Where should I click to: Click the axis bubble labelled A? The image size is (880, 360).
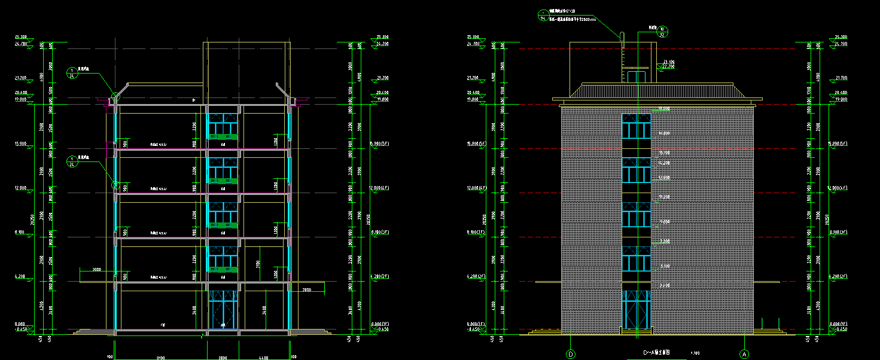pyautogui.click(x=744, y=354)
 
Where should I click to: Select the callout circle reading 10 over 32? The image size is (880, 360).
pyautogui.click(x=662, y=32)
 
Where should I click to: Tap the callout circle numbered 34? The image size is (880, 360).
pyautogui.click(x=543, y=16)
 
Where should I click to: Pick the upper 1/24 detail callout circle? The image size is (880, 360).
pyautogui.click(x=72, y=73)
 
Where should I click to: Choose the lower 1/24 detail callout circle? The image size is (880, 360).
pyautogui.click(x=72, y=161)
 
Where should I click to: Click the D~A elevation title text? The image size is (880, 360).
pyautogui.click(x=656, y=353)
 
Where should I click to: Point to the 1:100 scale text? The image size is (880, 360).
pyautogui.click(x=695, y=353)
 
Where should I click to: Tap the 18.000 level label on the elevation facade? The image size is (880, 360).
pyautogui.click(x=663, y=109)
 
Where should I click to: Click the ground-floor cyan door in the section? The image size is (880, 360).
pyautogui.click(x=223, y=309)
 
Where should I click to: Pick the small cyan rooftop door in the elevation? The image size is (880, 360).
pyautogui.click(x=636, y=77)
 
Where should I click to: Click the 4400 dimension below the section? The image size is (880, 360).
pyautogui.click(x=264, y=358)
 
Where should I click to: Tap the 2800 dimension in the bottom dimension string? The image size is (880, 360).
pyautogui.click(x=223, y=358)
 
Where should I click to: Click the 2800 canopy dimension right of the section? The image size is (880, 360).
pyautogui.click(x=306, y=290)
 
